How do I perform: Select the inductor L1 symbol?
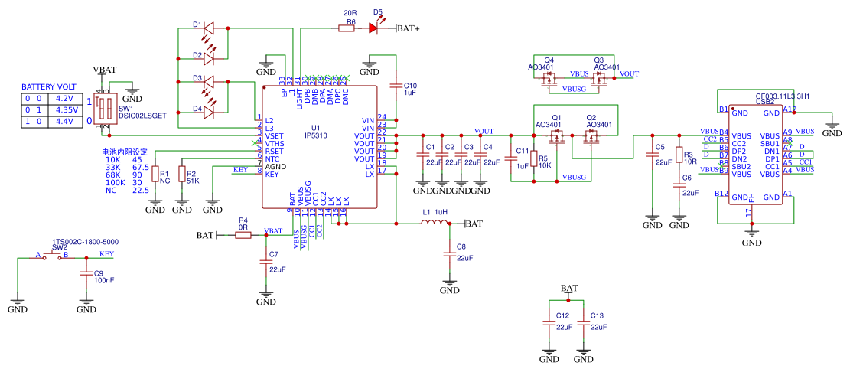[435, 224]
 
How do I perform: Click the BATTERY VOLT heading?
[48, 87]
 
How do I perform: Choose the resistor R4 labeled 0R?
[243, 235]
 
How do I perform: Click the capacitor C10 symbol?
[396, 85]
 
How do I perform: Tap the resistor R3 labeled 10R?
[679, 158]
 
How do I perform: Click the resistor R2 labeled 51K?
[182, 175]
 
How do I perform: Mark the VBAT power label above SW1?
[105, 70]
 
